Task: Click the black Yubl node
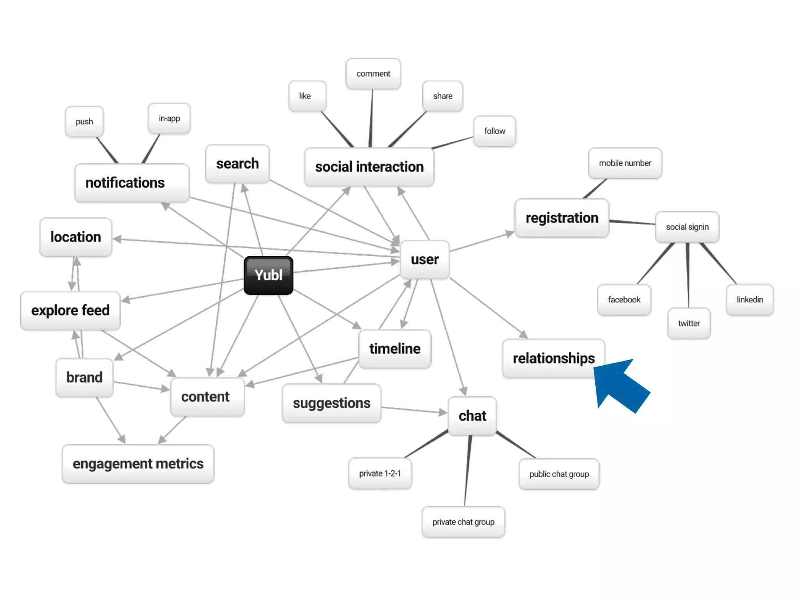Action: [x=268, y=275]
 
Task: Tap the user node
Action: [x=425, y=259]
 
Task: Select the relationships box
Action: [x=553, y=358]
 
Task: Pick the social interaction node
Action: [x=369, y=167]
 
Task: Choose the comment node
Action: [x=373, y=74]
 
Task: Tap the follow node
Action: [x=495, y=131]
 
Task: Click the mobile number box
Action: [x=625, y=163]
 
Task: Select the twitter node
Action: [x=689, y=323]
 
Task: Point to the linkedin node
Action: [x=750, y=300]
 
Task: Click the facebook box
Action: [x=624, y=300]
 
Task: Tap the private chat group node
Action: [x=463, y=522]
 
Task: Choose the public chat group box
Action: [x=559, y=474]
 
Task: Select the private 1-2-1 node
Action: [x=380, y=473]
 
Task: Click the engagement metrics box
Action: [x=138, y=464]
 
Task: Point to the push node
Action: [x=84, y=122]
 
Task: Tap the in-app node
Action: [x=169, y=118]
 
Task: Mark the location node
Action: [x=76, y=237]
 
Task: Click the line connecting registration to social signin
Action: [x=632, y=222]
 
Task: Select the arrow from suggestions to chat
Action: [x=414, y=410]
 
